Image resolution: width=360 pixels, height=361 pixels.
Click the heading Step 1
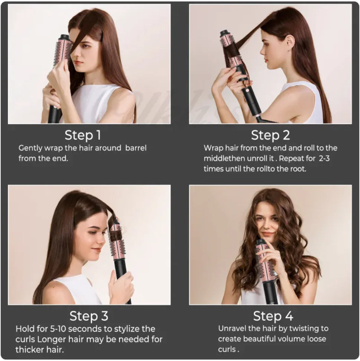pyautogui.click(x=83, y=135)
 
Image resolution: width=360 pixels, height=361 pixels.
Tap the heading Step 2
pyautogui.click(x=270, y=135)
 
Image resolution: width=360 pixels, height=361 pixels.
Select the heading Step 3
pyautogui.click(x=89, y=316)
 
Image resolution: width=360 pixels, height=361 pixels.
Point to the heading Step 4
pyautogui.click(x=273, y=316)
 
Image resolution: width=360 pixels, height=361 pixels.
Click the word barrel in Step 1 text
pyautogui.click(x=136, y=148)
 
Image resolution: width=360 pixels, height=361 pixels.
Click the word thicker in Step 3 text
pyautogui.click(x=28, y=350)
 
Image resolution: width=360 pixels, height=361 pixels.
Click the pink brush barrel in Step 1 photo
pyautogui.click(x=63, y=52)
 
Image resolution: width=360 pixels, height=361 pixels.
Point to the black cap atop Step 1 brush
pyautogui.click(x=65, y=37)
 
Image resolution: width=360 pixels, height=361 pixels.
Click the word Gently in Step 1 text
pyautogui.click(x=31, y=148)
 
